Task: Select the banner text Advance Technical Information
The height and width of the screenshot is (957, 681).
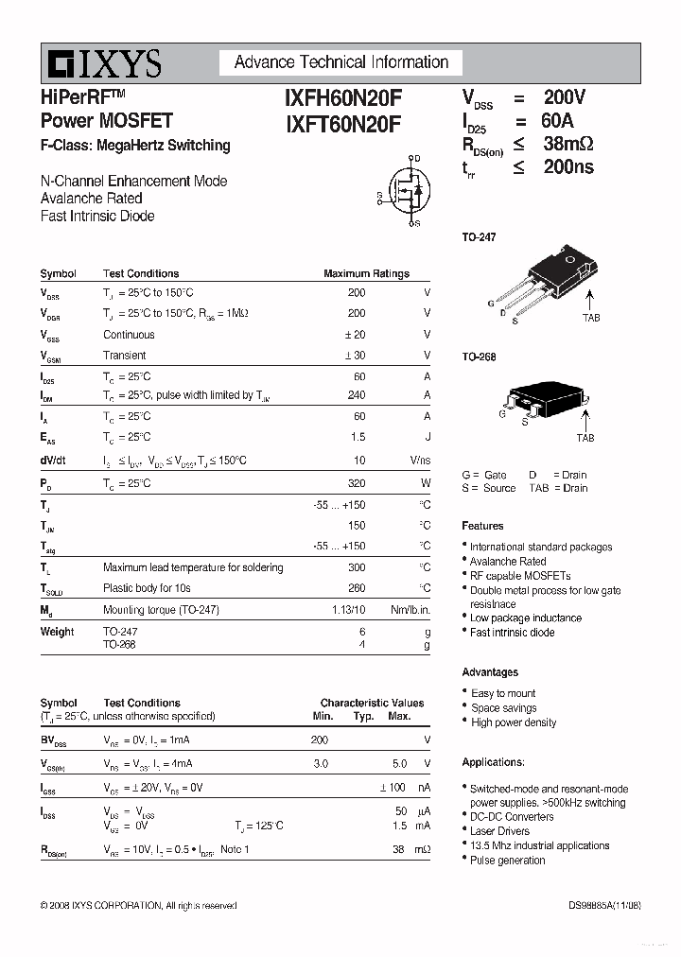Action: pyautogui.click(x=341, y=62)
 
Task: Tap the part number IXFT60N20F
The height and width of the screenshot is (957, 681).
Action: pyautogui.click(x=342, y=123)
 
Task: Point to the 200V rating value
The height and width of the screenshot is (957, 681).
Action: pyautogui.click(x=565, y=97)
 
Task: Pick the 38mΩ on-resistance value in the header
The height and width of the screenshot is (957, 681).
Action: pyautogui.click(x=567, y=144)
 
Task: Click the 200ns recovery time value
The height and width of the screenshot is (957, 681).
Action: pyautogui.click(x=568, y=167)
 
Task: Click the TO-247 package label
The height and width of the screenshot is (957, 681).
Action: pyautogui.click(x=479, y=237)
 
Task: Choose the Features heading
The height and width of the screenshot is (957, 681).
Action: pyautogui.click(x=482, y=526)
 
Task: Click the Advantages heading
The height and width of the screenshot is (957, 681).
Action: pyautogui.click(x=490, y=672)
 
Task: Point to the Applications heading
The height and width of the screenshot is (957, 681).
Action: pyautogui.click(x=493, y=762)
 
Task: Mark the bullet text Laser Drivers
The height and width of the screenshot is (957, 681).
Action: pyautogui.click(x=499, y=831)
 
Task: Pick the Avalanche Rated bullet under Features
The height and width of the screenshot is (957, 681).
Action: pyautogui.click(x=508, y=562)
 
